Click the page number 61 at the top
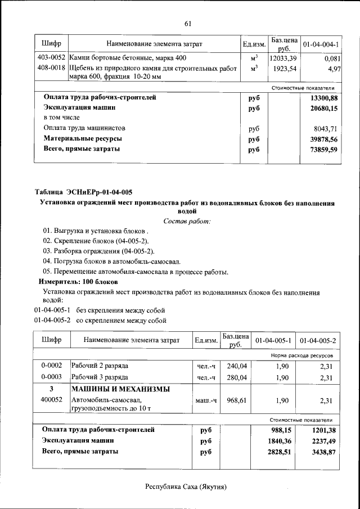pyautogui.click(x=188, y=23)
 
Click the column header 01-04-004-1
pyautogui.click(x=320, y=44)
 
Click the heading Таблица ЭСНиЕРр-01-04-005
pyautogui.click(x=84, y=192)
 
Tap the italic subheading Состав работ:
pyautogui.click(x=187, y=222)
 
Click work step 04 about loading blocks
pyautogui.click(x=112, y=262)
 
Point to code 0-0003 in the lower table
pyautogui.click(x=51, y=377)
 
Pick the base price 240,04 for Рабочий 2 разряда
pyautogui.click(x=236, y=366)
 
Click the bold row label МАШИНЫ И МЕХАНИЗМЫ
pyautogui.click(x=120, y=389)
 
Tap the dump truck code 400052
pyautogui.click(x=51, y=400)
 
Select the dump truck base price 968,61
pyautogui.click(x=236, y=400)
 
